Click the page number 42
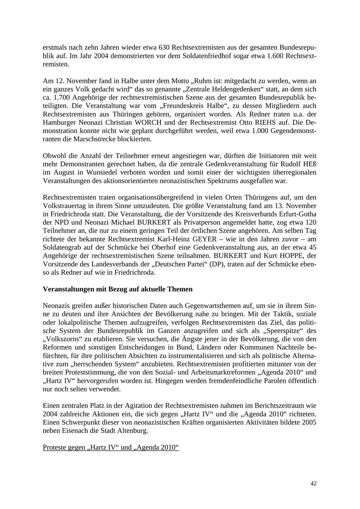[313, 483]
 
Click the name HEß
[309, 164]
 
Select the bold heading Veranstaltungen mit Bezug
[118, 289]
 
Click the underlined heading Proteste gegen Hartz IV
[110, 447]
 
